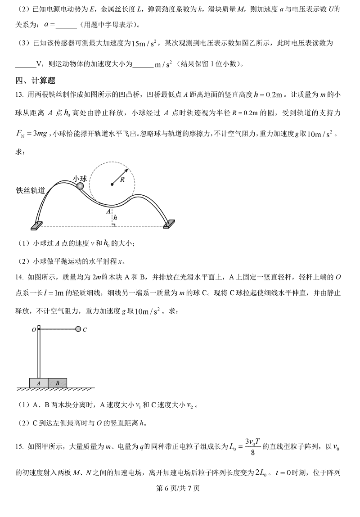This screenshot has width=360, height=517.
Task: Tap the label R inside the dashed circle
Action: (122, 180)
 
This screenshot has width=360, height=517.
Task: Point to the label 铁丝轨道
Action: (30, 190)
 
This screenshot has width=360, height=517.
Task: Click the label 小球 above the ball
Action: (80, 178)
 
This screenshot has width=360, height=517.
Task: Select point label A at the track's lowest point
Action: (108, 210)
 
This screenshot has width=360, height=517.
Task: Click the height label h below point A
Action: (116, 218)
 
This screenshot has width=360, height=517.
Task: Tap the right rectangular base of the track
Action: (169, 224)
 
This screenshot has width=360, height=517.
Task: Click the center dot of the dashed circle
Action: (112, 184)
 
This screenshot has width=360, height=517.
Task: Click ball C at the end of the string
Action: (78, 329)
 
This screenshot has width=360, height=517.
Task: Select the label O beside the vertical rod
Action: (34, 330)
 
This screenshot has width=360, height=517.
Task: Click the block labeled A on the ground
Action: (39, 383)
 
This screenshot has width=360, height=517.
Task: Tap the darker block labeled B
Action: (58, 383)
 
